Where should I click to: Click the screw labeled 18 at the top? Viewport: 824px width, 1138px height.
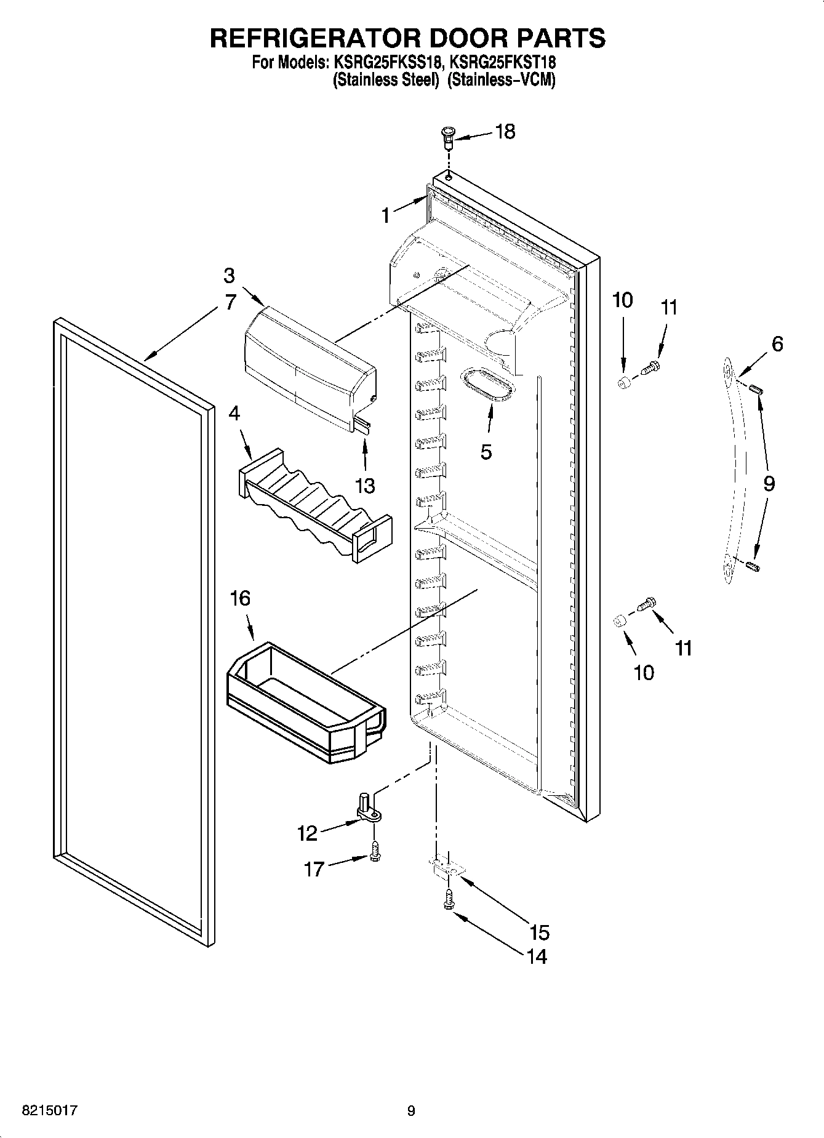click(x=447, y=136)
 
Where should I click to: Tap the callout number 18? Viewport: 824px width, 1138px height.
click(x=505, y=132)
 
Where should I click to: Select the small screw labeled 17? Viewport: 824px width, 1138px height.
click(x=375, y=852)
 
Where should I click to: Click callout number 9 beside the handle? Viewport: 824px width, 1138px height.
click(x=769, y=483)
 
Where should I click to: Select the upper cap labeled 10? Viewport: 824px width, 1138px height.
click(x=624, y=383)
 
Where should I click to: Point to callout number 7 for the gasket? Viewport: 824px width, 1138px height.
click(x=229, y=302)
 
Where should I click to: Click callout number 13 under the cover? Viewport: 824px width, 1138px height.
click(x=365, y=486)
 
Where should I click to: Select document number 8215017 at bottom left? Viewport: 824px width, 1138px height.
click(x=50, y=1110)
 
